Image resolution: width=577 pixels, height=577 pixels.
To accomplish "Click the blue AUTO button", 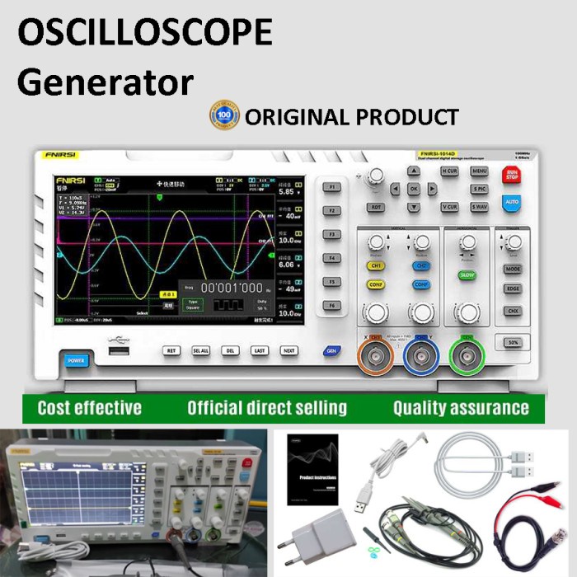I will pyautogui.click(x=511, y=201).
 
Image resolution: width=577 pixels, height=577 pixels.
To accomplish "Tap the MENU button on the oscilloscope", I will pyautogui.click(x=479, y=171).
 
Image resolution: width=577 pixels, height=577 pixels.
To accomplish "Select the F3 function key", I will pyautogui.click(x=332, y=235).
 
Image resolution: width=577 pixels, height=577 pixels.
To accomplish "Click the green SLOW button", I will pyautogui.click(x=467, y=274).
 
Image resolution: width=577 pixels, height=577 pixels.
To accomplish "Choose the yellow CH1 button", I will pyautogui.click(x=376, y=267).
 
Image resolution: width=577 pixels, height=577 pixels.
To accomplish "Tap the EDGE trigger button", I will pyautogui.click(x=513, y=289).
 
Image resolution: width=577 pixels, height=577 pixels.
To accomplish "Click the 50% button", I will pyautogui.click(x=512, y=341).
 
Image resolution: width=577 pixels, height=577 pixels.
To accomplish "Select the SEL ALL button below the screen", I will pyautogui.click(x=200, y=350).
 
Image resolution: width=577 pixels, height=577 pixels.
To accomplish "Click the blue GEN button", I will pyautogui.click(x=331, y=350).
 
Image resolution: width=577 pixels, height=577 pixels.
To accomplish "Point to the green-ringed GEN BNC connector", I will pyautogui.click(x=467, y=356).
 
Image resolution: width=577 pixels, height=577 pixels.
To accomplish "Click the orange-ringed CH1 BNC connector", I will pyautogui.click(x=376, y=356).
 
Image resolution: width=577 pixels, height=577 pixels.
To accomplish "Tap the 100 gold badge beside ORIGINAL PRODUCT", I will pyautogui.click(x=224, y=115).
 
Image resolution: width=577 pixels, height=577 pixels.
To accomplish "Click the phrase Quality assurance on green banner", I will pyautogui.click(x=461, y=407).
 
